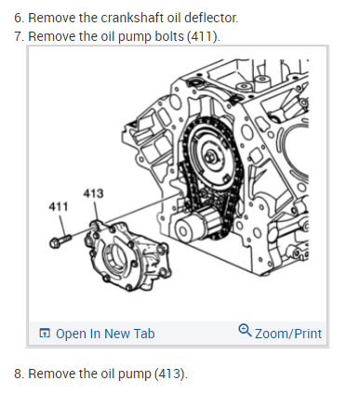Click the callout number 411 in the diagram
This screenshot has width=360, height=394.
coord(59,206)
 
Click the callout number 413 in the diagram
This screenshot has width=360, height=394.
coord(93,193)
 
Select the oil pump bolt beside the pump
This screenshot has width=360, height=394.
coord(60,240)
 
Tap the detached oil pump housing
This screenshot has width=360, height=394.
coord(127,256)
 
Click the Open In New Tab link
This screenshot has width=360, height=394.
coord(105,334)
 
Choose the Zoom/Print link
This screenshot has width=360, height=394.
coord(288,334)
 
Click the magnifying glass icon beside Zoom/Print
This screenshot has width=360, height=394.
coord(245,331)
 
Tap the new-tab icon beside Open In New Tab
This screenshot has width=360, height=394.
coord(45,334)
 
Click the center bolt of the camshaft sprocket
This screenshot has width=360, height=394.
coord(211,157)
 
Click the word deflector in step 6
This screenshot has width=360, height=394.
coord(211,18)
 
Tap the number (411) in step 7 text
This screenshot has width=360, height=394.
coord(203,36)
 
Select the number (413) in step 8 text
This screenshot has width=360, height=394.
coord(171,374)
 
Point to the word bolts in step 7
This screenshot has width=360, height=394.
coord(169,36)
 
